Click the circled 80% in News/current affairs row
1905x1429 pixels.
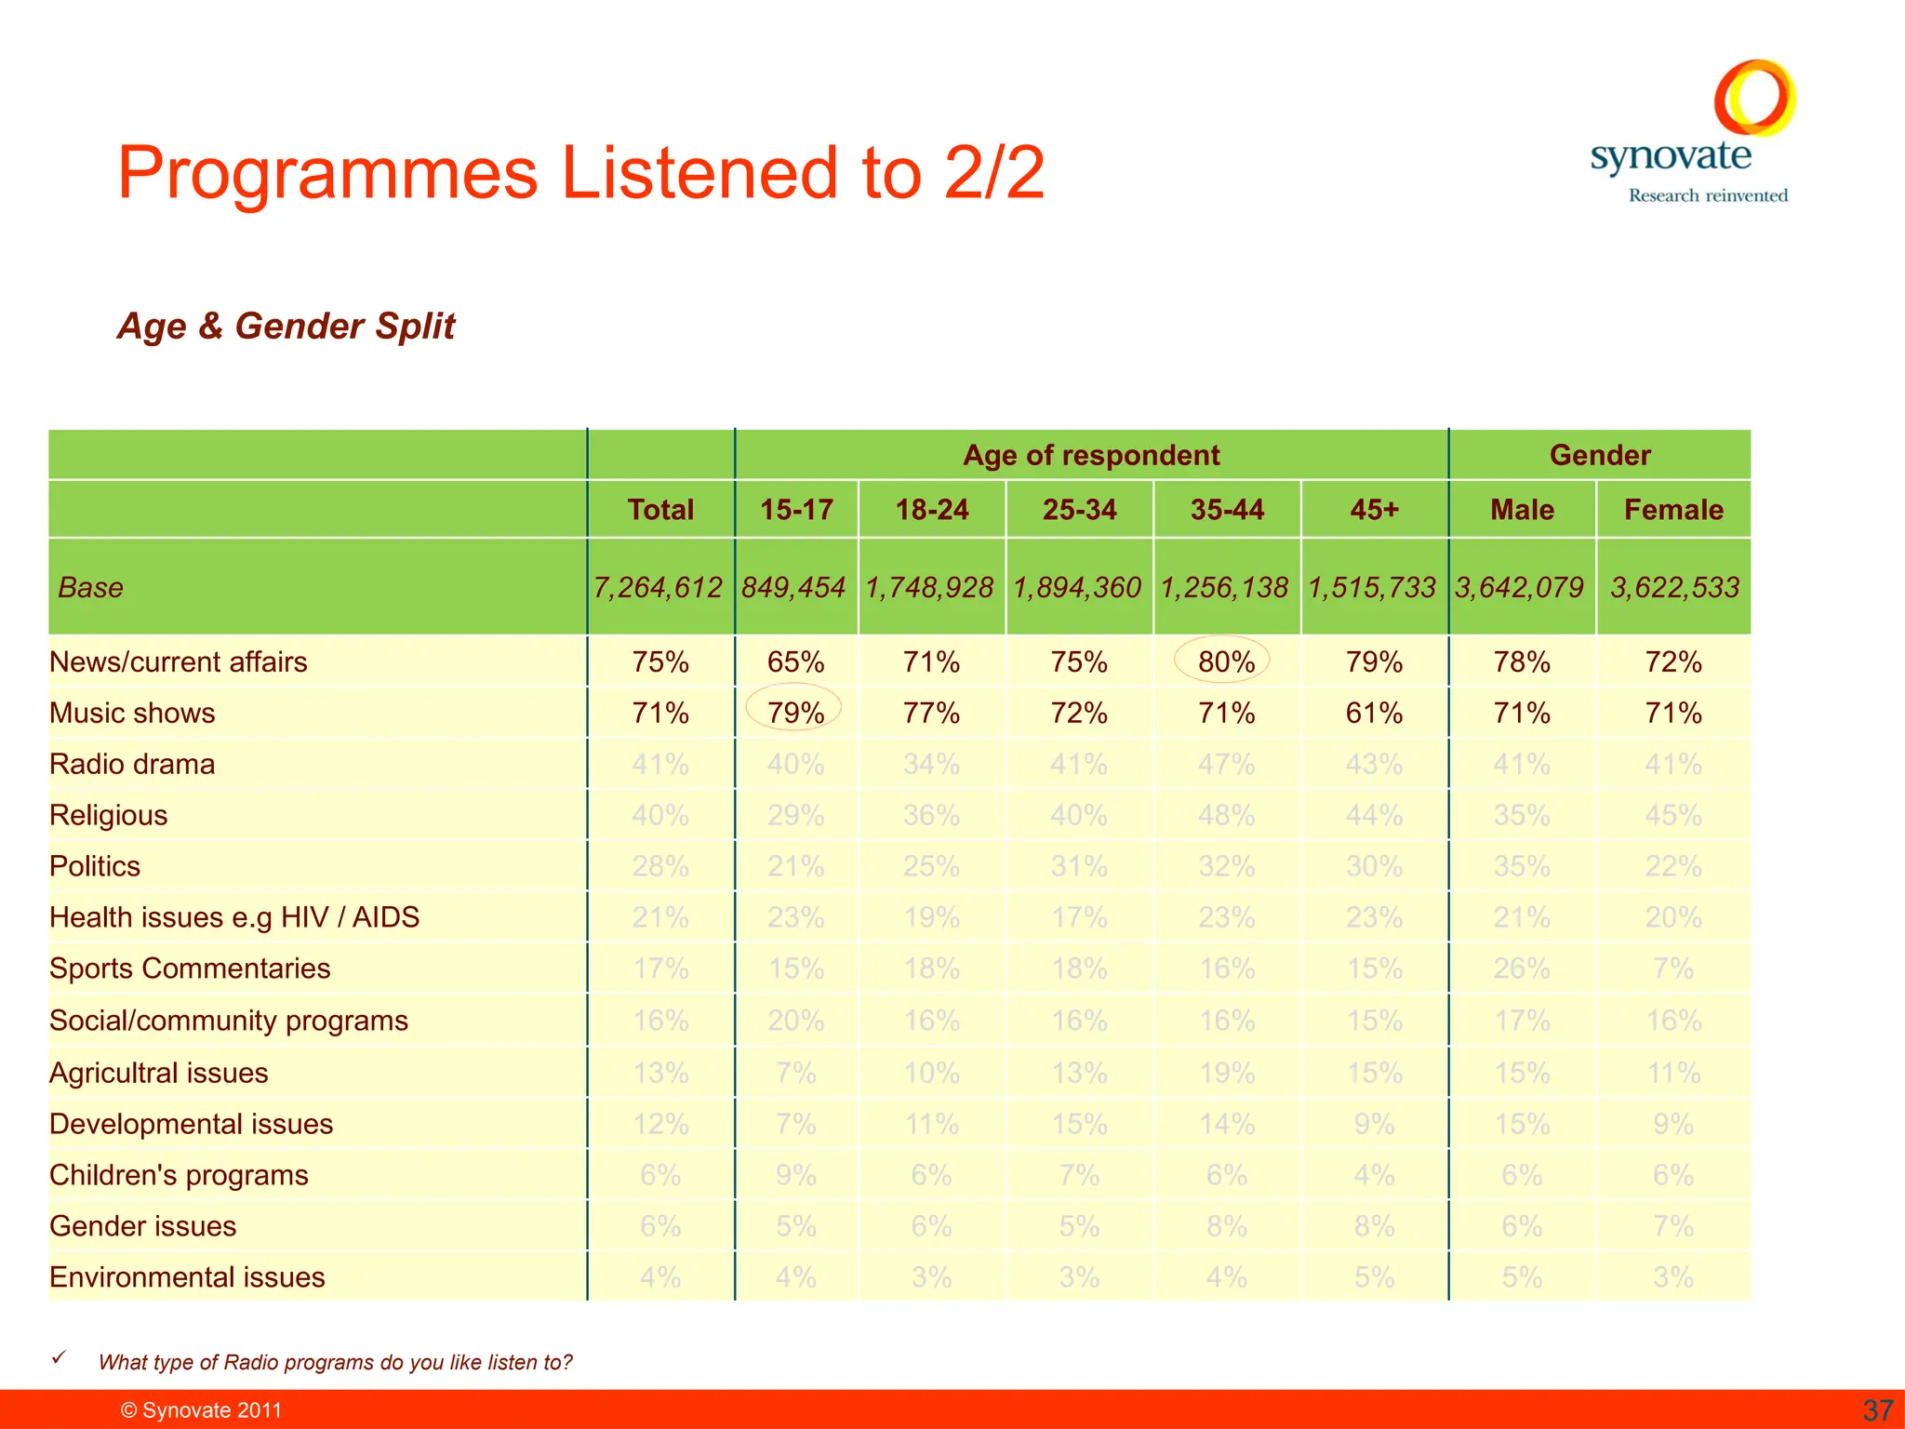click(x=1225, y=661)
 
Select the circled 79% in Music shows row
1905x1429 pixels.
click(x=795, y=713)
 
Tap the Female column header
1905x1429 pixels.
click(x=1672, y=510)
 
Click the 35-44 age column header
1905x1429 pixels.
click(x=1226, y=510)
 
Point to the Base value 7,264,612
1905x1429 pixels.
click(x=658, y=587)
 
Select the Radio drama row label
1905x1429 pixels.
click(x=132, y=764)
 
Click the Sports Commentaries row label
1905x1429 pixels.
click(x=190, y=968)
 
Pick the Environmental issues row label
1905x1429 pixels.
click(x=187, y=1277)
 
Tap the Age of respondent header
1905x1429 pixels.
click(x=1090, y=455)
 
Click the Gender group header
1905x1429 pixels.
click(x=1599, y=455)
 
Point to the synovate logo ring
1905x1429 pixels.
click(x=1754, y=98)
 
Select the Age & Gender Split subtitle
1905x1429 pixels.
click(x=286, y=327)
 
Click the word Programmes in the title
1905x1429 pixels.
click(x=327, y=173)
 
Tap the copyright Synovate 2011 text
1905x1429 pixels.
click(x=202, y=1410)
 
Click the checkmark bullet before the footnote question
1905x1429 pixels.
click(x=59, y=1358)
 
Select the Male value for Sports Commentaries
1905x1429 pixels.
click(x=1521, y=968)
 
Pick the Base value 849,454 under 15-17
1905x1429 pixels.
click(x=793, y=587)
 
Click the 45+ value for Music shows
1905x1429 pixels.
click(x=1374, y=713)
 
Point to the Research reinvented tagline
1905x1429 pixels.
click(x=1708, y=195)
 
